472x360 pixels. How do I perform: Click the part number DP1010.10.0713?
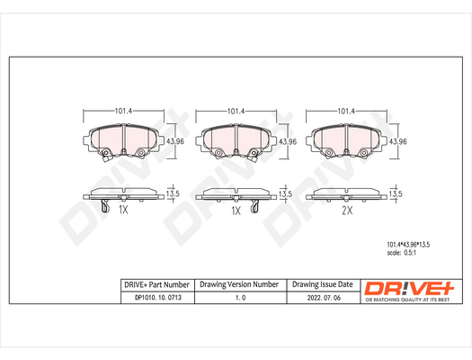(158, 298)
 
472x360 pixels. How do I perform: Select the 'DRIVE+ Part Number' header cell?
(157, 284)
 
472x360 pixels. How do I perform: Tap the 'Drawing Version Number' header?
(239, 284)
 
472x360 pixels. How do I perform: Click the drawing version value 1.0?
(240, 298)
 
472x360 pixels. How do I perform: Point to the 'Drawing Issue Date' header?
(323, 284)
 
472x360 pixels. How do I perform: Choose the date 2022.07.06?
(324, 298)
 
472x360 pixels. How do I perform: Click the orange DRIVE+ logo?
(409, 288)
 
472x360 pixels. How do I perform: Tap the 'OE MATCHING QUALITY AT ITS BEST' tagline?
(407, 300)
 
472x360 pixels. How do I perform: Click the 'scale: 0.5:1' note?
(402, 253)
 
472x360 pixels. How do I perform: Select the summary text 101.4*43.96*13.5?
(408, 245)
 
